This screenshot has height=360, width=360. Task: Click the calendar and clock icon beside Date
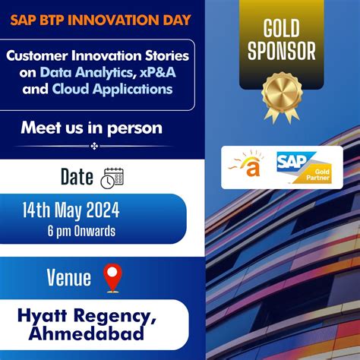tap(112, 178)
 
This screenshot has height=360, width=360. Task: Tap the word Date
tap(77, 177)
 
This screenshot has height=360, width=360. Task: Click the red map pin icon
tap(112, 278)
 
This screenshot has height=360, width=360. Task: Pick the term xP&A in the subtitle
tap(153, 73)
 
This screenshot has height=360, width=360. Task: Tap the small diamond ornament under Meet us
tap(94, 146)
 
